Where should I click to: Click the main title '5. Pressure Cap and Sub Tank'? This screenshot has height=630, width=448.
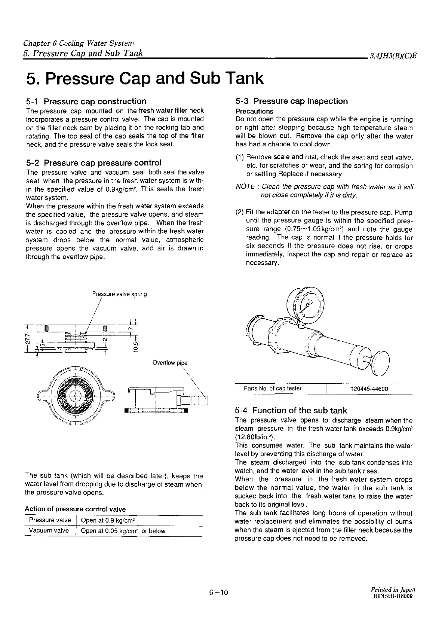pyautogui.click(x=145, y=78)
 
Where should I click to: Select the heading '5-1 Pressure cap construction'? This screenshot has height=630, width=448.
pyautogui.click(x=86, y=101)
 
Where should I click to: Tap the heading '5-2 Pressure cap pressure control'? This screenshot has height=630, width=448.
pyautogui.click(x=94, y=163)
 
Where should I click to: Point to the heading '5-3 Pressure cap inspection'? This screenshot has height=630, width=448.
pyautogui.click(x=292, y=101)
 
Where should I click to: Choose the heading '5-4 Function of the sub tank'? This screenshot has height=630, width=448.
pyautogui.click(x=291, y=411)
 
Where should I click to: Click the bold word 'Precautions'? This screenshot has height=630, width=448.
pyautogui.click(x=254, y=111)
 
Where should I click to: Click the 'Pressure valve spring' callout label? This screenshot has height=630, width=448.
pyautogui.click(x=120, y=294)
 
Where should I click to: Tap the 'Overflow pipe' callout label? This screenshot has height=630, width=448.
pyautogui.click(x=170, y=362)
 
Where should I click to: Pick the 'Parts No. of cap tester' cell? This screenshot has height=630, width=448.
pyautogui.click(x=273, y=389)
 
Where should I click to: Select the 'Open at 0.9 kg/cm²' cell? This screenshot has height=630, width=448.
pyautogui.click(x=108, y=520)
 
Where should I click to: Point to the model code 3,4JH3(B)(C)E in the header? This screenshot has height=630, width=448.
pyautogui.click(x=393, y=57)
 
